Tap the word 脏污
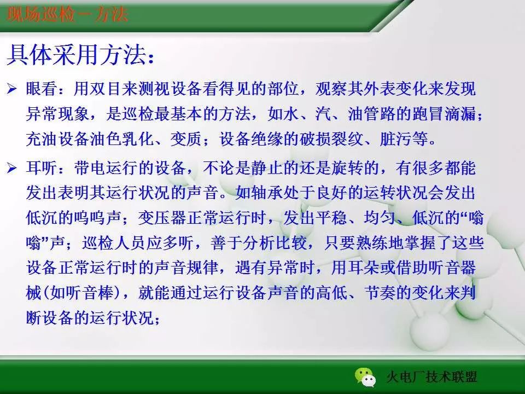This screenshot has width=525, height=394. pyautogui.click(x=396, y=140)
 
